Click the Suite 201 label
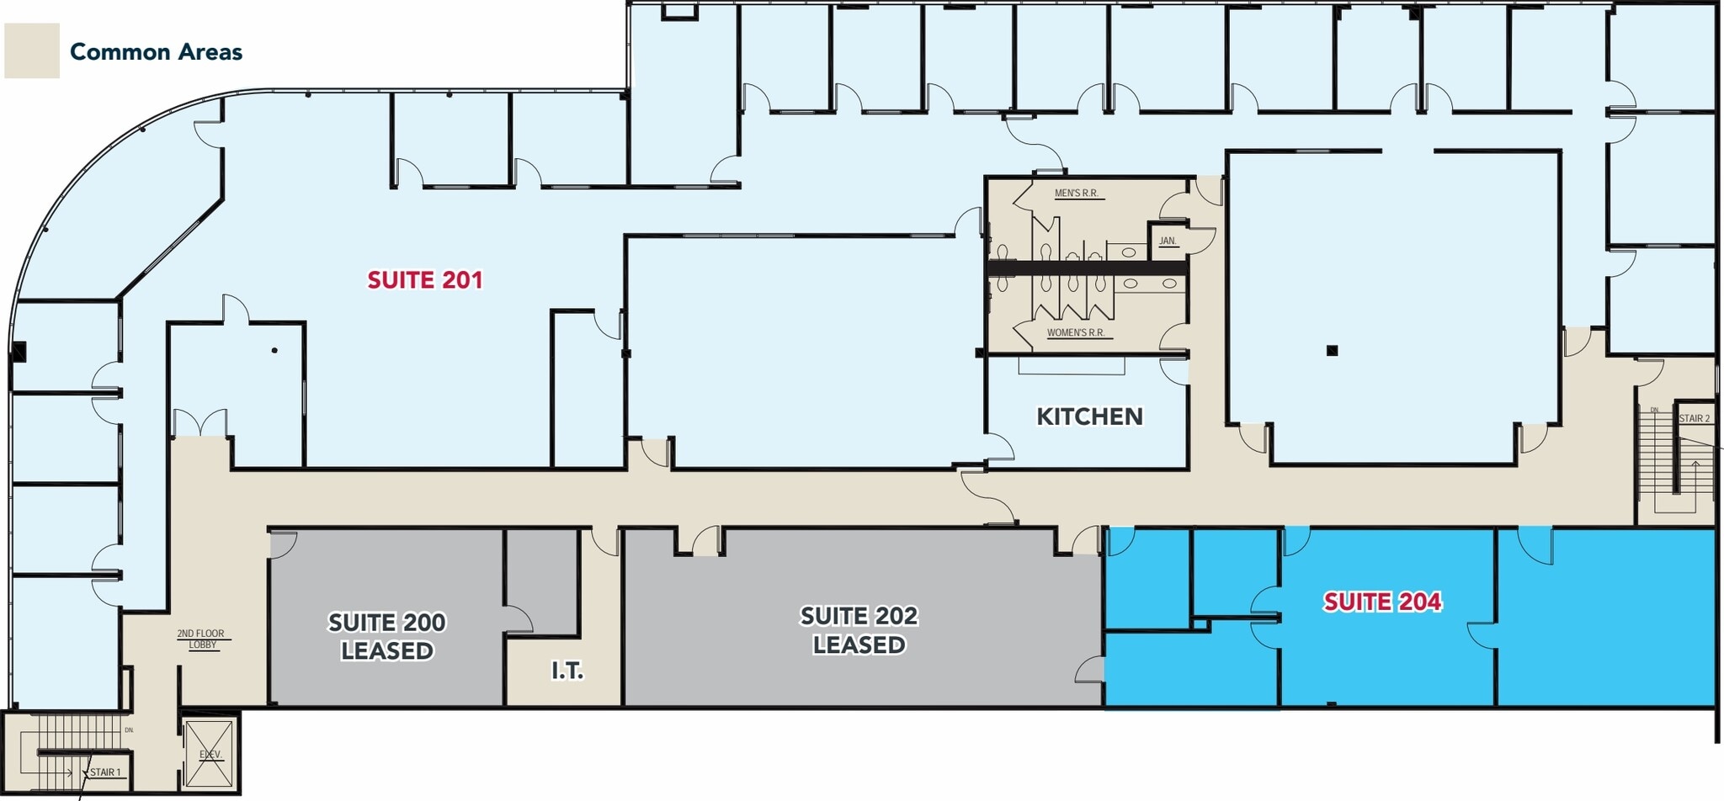(425, 280)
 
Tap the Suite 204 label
(1382, 602)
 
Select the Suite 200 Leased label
(387, 636)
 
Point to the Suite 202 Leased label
(859, 630)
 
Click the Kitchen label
(1089, 416)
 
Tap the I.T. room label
(567, 671)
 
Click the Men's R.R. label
(1077, 194)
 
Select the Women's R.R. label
(1076, 333)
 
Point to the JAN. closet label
(1168, 241)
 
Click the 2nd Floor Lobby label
(201, 639)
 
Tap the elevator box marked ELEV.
(210, 754)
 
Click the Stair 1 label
(106, 772)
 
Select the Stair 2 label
(1695, 418)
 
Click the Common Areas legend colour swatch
(32, 50)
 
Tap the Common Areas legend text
(156, 52)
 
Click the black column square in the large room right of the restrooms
(1332, 351)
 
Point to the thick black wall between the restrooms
(1087, 268)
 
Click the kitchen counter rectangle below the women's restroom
(1072, 366)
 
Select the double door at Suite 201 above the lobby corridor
(200, 422)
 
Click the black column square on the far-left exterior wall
(19, 352)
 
